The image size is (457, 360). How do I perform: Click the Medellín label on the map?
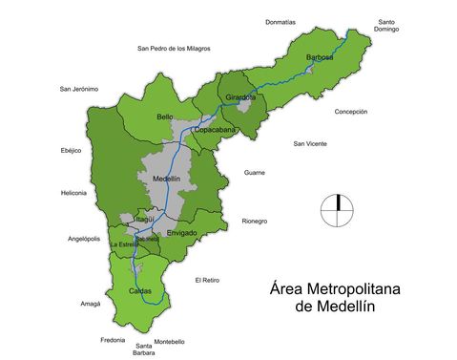point(159,179)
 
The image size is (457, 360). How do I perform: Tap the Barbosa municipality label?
point(321,57)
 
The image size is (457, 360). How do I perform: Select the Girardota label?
point(240,97)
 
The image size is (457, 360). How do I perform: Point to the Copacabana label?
point(216,129)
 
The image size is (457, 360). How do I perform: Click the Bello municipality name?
point(165,116)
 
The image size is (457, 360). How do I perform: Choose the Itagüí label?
point(139,220)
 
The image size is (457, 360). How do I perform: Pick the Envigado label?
point(181,233)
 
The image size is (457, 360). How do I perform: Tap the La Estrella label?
point(124,245)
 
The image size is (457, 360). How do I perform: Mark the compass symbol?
point(337,210)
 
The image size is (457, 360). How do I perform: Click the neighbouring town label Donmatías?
point(280,21)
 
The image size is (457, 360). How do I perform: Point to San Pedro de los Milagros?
point(174,48)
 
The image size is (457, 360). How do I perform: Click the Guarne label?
point(254,173)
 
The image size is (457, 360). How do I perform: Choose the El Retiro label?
point(207,280)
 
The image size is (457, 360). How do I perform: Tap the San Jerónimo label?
point(79,89)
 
